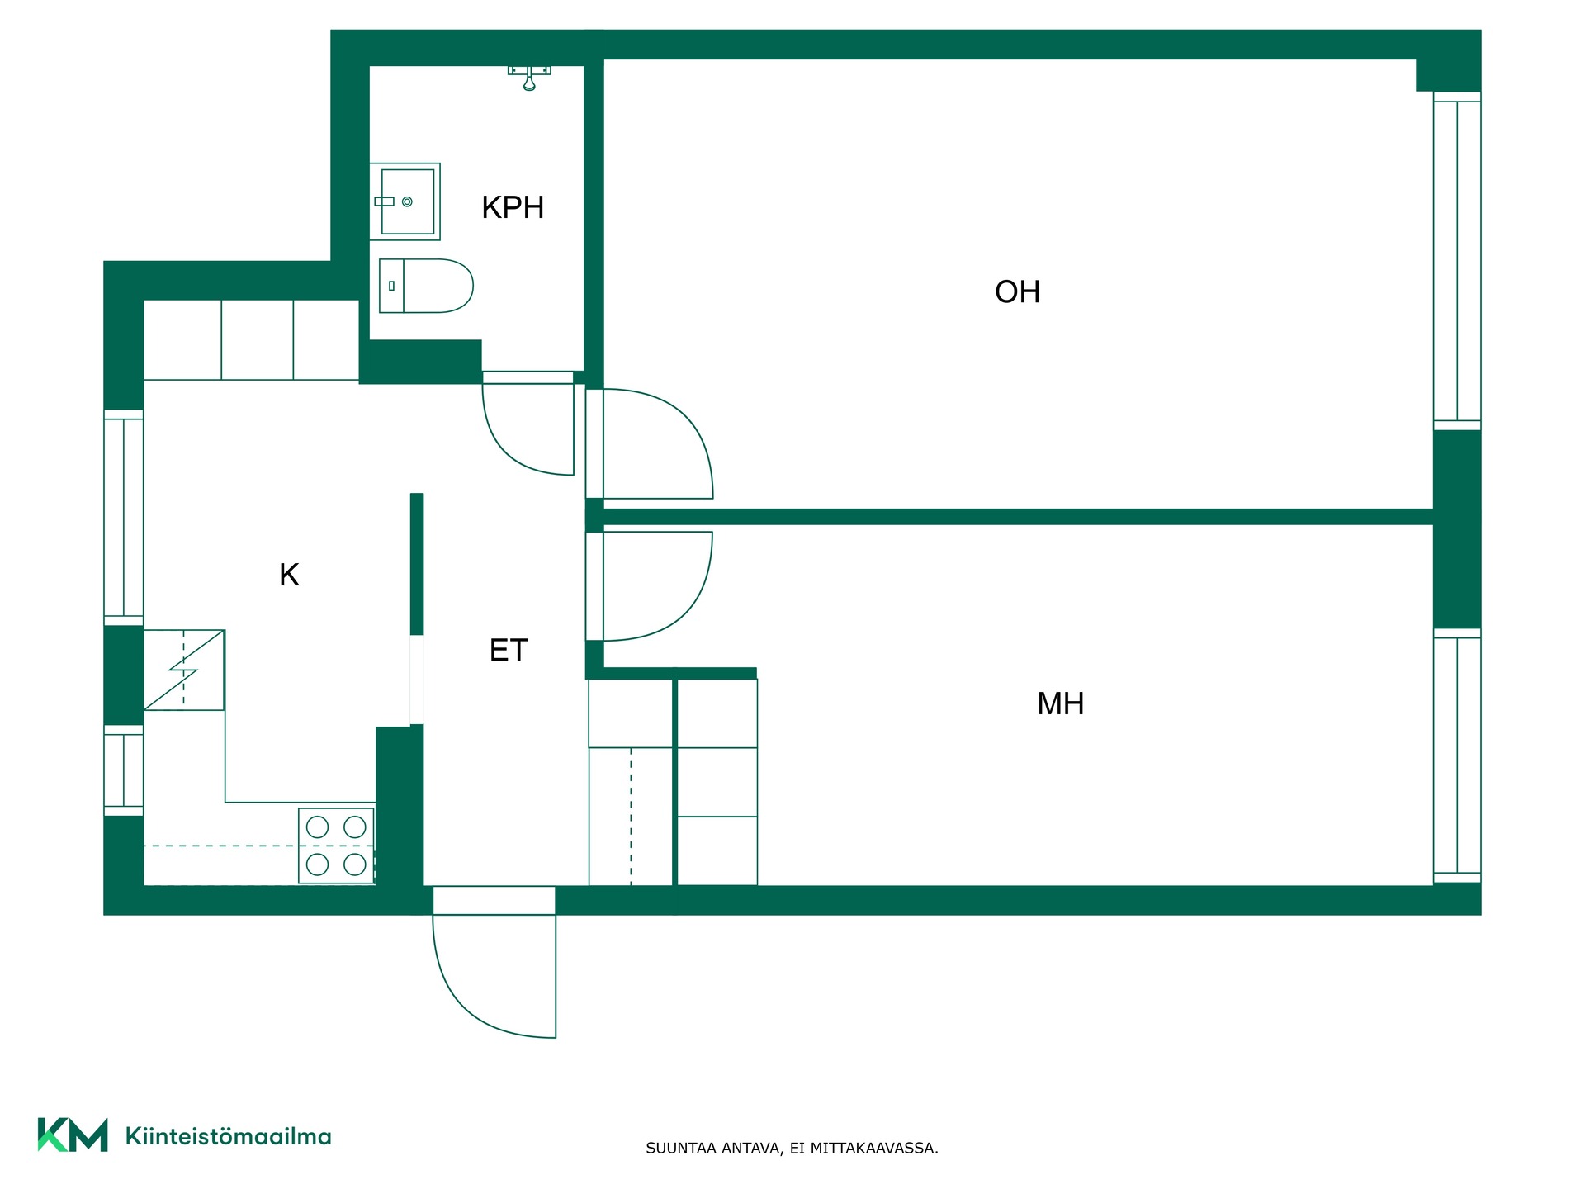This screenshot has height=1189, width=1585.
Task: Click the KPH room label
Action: point(513,207)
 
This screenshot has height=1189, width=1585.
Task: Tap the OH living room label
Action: point(1017,291)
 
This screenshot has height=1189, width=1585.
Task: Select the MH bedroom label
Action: point(1060,703)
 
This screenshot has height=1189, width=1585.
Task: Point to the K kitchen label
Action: point(289,575)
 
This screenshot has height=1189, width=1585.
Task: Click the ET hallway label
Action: point(508,650)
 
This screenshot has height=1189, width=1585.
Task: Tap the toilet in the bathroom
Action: point(426,286)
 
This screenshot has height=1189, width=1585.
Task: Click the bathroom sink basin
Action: point(405,201)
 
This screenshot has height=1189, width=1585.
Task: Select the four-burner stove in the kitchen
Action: point(336,846)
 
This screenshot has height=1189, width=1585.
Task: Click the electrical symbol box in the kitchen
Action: point(184,670)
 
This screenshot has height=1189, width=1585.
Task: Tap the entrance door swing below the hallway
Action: point(494,975)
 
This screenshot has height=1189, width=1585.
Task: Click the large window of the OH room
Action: point(1457,261)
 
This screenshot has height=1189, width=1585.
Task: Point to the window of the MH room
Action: point(1457,756)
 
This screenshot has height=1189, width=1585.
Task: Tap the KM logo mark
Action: point(73,1135)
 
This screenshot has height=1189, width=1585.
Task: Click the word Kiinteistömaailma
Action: point(228,1136)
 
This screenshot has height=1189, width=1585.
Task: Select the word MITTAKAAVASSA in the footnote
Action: point(873,1149)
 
